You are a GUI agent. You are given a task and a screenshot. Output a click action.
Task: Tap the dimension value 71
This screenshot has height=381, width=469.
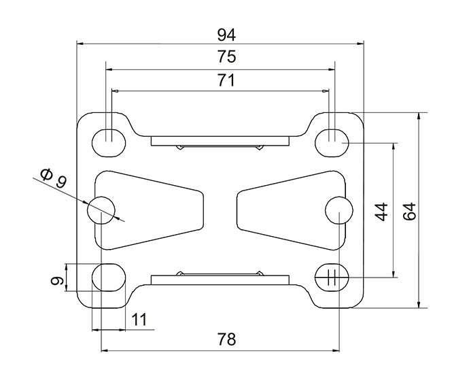pos(225,81)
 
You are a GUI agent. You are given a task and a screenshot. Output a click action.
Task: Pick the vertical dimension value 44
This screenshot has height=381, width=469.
pos(382,212)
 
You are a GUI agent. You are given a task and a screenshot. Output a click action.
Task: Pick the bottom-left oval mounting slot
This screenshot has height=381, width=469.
pos(108,278)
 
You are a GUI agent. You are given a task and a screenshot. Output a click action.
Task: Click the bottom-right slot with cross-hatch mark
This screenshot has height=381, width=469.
pos(332,277)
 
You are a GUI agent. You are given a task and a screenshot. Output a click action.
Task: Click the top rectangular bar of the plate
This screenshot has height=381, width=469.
pos(220,141)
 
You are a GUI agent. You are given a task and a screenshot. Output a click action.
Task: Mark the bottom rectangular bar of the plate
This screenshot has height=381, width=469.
pos(220,279)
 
